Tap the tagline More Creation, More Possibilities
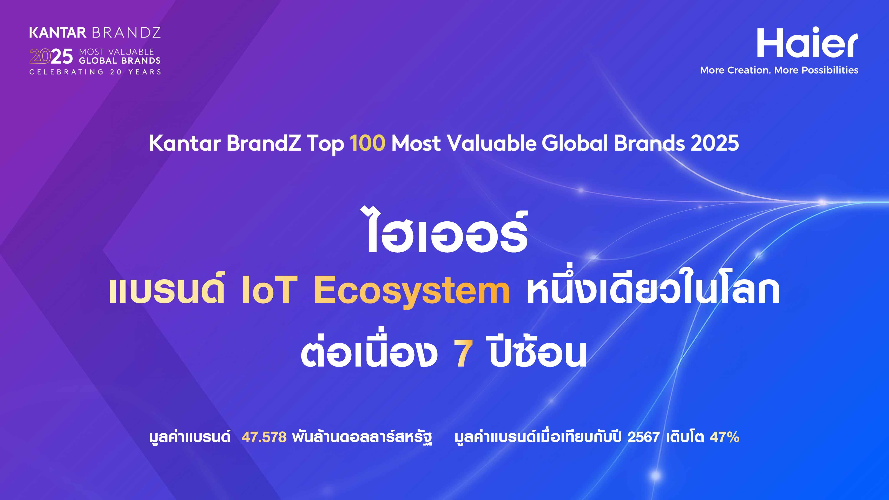click(x=779, y=70)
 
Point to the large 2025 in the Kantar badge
click(x=51, y=56)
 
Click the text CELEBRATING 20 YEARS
click(x=95, y=72)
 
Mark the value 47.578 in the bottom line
click(x=264, y=437)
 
